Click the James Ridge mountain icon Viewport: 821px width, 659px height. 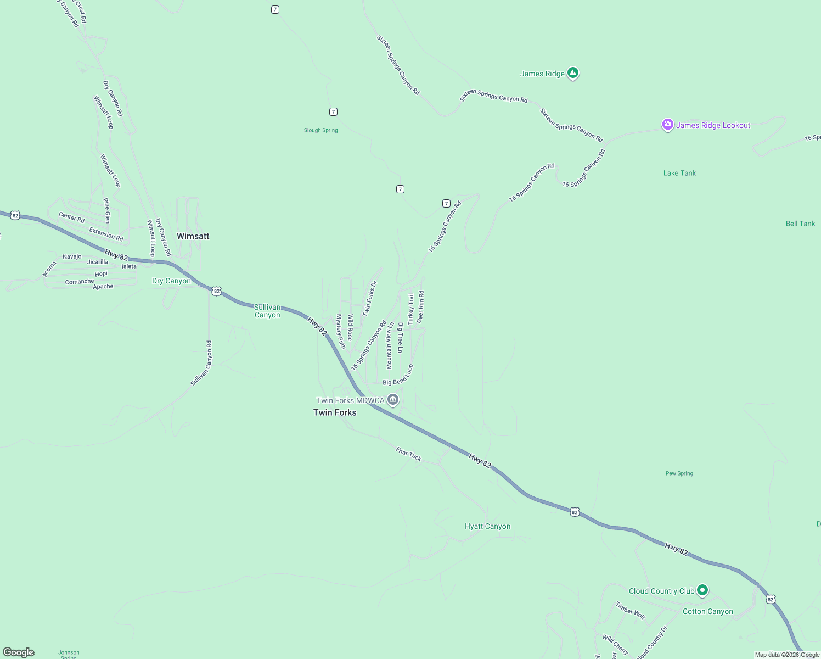(573, 72)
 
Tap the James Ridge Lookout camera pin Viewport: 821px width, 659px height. (667, 125)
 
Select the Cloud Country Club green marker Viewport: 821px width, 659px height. (702, 590)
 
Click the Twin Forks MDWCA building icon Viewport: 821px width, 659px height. (392, 400)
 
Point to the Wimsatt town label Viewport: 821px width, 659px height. (193, 236)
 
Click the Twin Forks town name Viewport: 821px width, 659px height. (335, 412)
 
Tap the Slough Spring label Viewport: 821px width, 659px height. (321, 130)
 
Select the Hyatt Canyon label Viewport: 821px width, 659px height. (487, 526)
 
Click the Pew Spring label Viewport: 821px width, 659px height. (679, 473)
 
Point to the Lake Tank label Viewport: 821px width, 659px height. (679, 173)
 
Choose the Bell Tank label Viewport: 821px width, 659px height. (800, 224)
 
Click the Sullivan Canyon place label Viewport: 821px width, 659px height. (267, 311)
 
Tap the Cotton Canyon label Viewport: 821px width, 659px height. (707, 611)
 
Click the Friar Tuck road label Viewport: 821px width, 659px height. (409, 454)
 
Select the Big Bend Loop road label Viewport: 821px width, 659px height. (398, 376)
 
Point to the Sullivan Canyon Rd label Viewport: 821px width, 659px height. (201, 363)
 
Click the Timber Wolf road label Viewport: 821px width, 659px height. (631, 611)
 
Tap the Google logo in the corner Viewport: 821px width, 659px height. (19, 652)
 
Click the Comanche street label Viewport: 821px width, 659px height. (80, 282)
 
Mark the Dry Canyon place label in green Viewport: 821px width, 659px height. (171, 281)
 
